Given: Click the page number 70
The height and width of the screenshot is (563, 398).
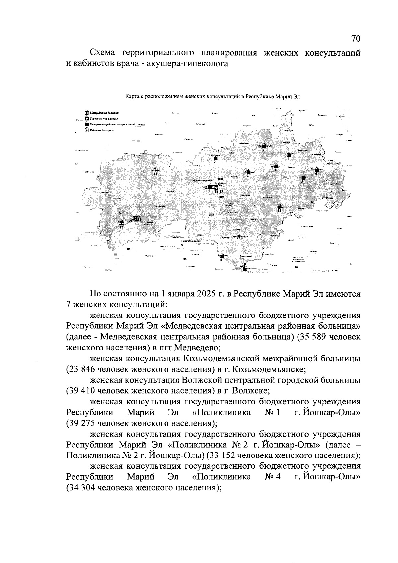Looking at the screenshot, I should pos(356,39).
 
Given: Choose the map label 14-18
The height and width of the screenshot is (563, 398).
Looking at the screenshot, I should pos(219,192).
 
